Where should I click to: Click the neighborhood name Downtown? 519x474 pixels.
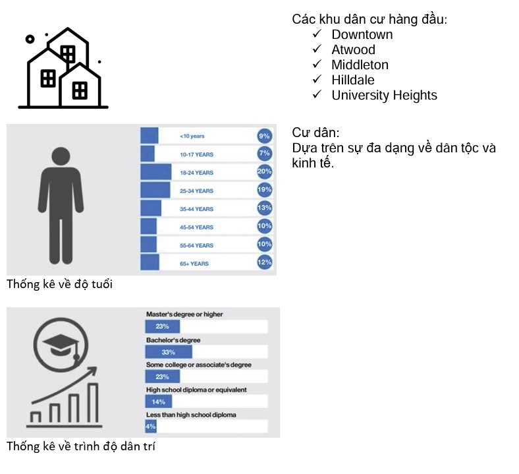point(362,34)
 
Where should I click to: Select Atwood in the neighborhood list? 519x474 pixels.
point(353,49)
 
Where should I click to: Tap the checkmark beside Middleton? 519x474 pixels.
point(317,63)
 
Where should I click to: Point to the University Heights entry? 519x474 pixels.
point(384,96)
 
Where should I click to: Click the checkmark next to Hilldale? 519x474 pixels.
point(317,79)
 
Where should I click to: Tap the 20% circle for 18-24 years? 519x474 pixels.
point(265,171)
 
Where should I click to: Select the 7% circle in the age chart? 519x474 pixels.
point(265,154)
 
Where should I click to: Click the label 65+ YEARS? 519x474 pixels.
point(194,264)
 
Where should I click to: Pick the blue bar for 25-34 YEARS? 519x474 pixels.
point(155,190)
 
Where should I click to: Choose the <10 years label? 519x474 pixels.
point(192,136)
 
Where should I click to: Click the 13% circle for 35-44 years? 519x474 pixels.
point(265,208)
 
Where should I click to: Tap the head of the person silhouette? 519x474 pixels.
point(61,156)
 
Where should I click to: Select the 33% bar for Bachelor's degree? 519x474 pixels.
point(169,352)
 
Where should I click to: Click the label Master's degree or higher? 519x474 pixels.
point(184,314)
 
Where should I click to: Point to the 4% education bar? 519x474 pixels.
point(151,427)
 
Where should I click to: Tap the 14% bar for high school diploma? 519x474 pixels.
point(159,401)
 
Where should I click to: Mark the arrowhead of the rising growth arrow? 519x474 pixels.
point(92,372)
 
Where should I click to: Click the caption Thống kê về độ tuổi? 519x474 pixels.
point(59,284)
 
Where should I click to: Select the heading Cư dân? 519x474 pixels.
point(315,133)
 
